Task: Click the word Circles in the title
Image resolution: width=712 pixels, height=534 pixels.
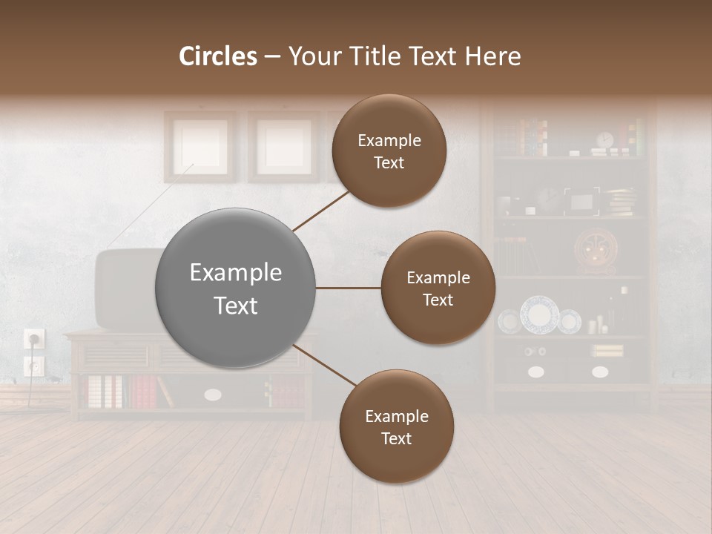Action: [219, 56]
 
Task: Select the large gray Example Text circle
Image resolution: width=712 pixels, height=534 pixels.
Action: [236, 289]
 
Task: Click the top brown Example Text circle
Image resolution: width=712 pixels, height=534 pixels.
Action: [389, 151]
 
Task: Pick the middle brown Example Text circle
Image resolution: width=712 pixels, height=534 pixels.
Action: [438, 289]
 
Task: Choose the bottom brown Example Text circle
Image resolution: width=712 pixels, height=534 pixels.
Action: [396, 426]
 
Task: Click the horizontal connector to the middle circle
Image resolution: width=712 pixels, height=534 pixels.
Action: [348, 288]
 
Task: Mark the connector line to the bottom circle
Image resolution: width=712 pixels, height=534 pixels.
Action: [326, 366]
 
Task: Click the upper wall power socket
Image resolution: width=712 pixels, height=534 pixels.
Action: [34, 339]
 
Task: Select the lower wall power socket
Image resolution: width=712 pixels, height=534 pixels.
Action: [34, 366]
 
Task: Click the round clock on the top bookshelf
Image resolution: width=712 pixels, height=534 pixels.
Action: [605, 140]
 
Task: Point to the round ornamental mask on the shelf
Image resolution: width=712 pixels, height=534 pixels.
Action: [596, 250]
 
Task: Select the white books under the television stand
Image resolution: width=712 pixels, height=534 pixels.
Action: [104, 392]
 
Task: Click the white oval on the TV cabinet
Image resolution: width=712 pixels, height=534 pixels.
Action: [213, 395]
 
